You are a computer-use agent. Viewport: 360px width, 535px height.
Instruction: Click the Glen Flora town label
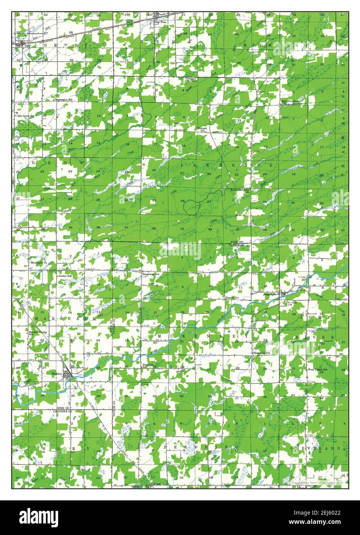(x=159, y=22)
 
